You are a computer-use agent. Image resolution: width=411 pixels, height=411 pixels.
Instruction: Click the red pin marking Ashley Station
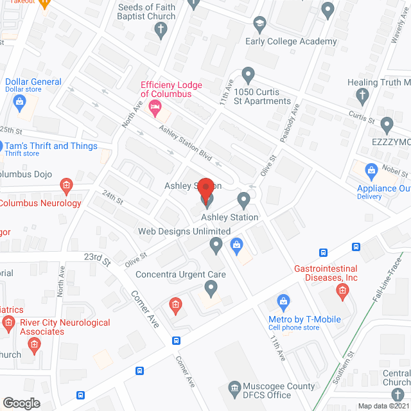click(x=205, y=190)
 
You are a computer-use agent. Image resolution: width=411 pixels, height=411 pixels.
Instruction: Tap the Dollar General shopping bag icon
click(x=19, y=101)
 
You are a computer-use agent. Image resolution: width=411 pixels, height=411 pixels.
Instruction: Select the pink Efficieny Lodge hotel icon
click(x=154, y=109)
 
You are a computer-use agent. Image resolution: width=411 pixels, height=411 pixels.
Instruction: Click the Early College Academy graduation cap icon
click(x=259, y=26)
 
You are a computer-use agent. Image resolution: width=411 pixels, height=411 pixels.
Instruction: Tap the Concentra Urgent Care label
click(x=180, y=275)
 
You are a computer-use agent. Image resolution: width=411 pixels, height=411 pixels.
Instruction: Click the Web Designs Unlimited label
click(x=184, y=231)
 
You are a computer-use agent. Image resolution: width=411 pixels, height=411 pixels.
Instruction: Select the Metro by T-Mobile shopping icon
click(x=283, y=301)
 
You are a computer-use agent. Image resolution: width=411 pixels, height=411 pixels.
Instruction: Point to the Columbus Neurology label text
click(x=40, y=204)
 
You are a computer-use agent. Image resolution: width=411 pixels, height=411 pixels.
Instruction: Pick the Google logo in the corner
click(x=21, y=403)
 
